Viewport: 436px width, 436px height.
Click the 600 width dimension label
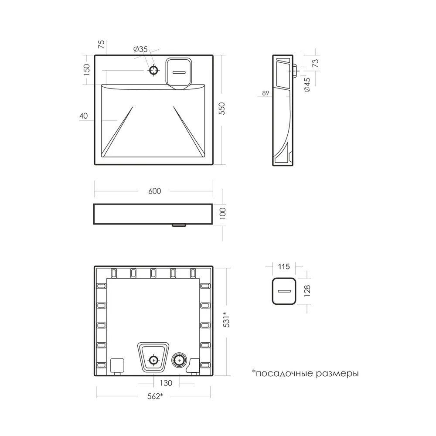point(155,191)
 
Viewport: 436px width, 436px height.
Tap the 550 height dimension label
point(221,109)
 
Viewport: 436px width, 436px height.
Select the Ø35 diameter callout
point(140,50)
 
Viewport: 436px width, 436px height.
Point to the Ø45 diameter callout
point(307,85)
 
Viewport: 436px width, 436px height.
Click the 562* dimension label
point(155,396)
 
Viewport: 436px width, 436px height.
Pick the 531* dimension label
point(226,319)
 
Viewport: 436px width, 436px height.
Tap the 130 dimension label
point(166,383)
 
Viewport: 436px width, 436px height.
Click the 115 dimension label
point(284,267)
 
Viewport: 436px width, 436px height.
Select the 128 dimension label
point(307,291)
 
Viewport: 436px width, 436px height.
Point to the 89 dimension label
point(266,93)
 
